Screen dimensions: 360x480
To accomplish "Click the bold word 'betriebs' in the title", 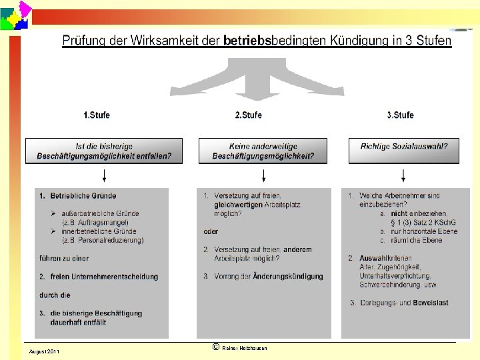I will (x=249, y=41).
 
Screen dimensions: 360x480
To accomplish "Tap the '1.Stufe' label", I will (x=97, y=115).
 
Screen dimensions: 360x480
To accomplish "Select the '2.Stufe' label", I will (x=249, y=115).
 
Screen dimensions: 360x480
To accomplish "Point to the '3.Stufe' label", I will (x=400, y=115).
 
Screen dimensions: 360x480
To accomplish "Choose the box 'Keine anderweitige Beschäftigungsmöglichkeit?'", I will (x=263, y=151).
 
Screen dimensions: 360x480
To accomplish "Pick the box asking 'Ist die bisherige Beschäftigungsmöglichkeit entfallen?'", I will (x=103, y=151).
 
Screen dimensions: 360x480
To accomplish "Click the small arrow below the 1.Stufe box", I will (x=103, y=176).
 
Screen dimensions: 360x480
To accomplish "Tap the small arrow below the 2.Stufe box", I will (x=264, y=176).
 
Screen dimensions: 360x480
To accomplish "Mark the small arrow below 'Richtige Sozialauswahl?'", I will (x=403, y=176).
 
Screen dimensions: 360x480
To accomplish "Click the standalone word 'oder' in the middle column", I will (x=211, y=232).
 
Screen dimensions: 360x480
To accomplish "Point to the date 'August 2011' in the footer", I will (x=44, y=351).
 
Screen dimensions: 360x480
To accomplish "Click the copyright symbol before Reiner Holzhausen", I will (x=215, y=347).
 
